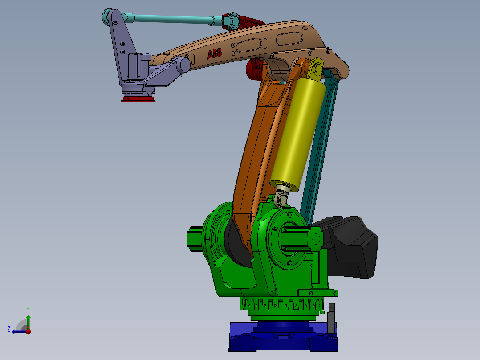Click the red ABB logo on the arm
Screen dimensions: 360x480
point(215,54)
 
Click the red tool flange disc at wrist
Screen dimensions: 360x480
point(138,99)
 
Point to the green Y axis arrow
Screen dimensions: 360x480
point(28,319)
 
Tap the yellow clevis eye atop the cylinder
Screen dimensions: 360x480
point(317,70)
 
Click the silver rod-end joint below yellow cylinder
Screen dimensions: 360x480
point(281,197)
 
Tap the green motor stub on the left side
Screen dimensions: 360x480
point(195,239)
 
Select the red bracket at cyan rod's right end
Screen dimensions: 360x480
point(245,22)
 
